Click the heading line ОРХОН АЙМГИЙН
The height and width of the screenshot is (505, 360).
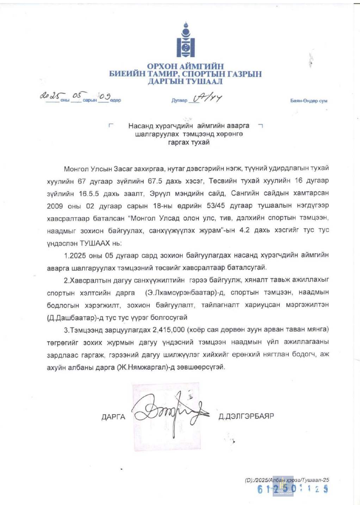point(185,66)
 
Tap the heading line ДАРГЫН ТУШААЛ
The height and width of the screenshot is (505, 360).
point(185,82)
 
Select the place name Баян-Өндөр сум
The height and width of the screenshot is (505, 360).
point(309,101)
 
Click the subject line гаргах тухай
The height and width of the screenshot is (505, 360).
point(189,143)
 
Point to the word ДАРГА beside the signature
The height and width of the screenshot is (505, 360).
point(113,417)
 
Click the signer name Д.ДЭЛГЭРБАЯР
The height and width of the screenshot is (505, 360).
point(246,416)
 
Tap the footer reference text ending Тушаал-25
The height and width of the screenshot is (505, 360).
point(287,480)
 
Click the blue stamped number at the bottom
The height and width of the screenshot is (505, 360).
point(293,489)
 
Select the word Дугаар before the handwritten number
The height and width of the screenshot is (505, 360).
point(179,101)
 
